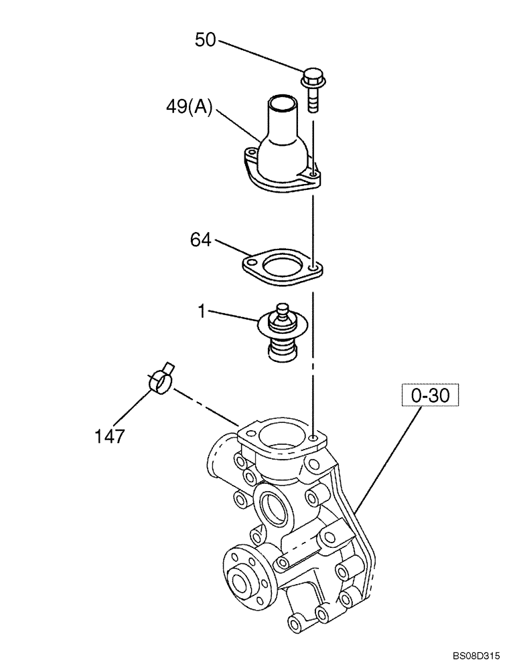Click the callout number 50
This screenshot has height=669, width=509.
(206, 40)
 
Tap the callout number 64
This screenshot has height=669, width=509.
(200, 240)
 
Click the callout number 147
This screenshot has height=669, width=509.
(108, 436)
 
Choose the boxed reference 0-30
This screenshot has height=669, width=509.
(431, 396)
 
